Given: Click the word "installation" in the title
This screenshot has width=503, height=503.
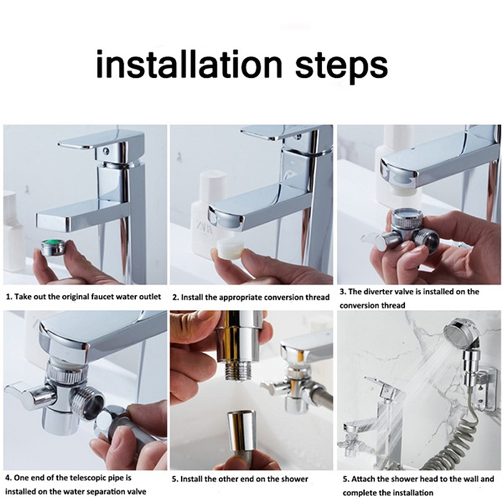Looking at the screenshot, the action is click(x=189, y=64).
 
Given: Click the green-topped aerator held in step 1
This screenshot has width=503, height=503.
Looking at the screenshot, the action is click(x=53, y=248).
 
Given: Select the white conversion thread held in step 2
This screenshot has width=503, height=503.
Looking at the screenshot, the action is click(x=228, y=249).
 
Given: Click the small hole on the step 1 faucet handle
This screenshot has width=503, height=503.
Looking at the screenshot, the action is click(x=105, y=150).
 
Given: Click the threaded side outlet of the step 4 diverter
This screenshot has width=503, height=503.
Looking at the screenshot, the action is click(x=87, y=406).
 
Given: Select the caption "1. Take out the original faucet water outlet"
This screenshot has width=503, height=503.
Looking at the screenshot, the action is click(x=84, y=297).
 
